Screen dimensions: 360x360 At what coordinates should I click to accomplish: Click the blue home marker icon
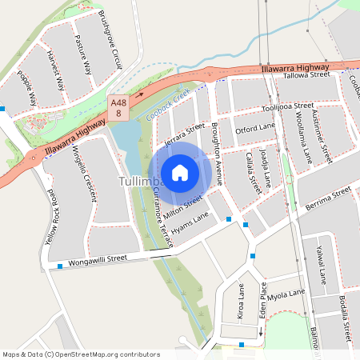pyautogui.click(x=180, y=172)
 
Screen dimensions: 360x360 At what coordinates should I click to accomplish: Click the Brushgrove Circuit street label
pyautogui.click(x=110, y=40)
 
